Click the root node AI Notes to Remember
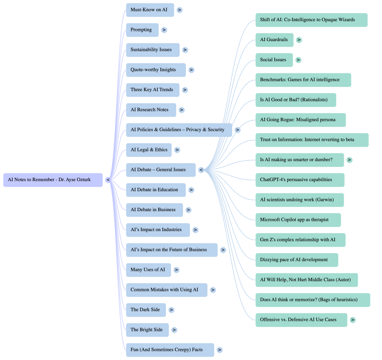tap(53, 180)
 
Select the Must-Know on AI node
tap(150, 10)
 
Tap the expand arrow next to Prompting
tap(164, 30)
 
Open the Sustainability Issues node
tap(152, 50)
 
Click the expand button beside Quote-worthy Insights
tap(191, 70)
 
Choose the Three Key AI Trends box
tap(152, 90)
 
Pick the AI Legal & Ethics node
tap(149, 150)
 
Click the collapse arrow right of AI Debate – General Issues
tap(201, 170)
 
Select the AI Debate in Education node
tap(156, 190)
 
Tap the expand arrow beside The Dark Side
tap(171, 310)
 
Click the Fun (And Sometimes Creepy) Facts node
tap(170, 350)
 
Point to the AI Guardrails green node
tap(274, 40)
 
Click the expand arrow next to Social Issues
tap(298, 60)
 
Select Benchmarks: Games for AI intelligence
tap(303, 80)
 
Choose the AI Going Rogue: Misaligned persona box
tap(301, 120)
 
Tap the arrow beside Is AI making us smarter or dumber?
tap(349, 160)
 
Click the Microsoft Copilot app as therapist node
tap(298, 220)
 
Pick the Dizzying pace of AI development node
tap(297, 260)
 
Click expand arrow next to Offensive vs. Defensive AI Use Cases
tap(353, 320)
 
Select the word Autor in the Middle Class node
tap(344, 280)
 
